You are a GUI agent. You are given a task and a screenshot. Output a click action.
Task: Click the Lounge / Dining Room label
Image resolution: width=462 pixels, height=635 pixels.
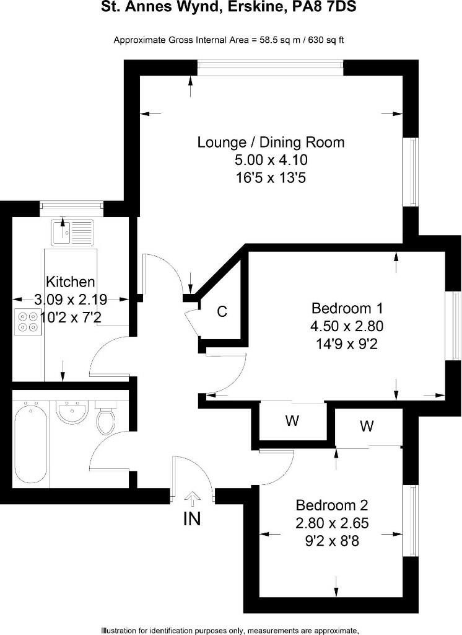coord(271,143)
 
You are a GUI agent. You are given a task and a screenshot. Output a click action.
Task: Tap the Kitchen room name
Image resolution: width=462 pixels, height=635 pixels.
coord(71,282)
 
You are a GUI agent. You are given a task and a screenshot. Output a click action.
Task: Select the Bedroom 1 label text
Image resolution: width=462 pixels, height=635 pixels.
coord(347,309)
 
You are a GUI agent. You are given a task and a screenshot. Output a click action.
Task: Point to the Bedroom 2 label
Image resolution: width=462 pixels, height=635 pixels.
coord(332,505)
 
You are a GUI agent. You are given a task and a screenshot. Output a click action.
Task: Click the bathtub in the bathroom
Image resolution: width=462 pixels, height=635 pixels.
coord(30,444)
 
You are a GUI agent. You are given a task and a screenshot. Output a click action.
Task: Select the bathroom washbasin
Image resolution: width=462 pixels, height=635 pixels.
coord(71,412)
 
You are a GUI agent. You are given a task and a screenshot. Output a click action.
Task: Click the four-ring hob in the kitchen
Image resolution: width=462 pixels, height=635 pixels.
coord(27,322)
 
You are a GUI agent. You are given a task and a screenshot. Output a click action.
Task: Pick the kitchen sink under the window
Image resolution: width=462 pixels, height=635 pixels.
coord(72,233)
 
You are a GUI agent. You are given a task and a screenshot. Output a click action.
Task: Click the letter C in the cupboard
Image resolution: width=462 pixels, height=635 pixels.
coord(222,311)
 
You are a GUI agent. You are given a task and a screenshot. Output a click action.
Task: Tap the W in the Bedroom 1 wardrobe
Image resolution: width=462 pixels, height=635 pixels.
coord(292,421)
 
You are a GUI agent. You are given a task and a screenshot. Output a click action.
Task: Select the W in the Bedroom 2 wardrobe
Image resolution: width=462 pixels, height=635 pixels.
coord(367,426)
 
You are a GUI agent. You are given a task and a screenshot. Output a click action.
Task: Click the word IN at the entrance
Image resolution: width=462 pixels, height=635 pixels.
coord(192,519)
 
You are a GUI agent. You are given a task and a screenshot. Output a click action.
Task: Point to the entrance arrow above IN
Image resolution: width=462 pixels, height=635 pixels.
coord(193,499)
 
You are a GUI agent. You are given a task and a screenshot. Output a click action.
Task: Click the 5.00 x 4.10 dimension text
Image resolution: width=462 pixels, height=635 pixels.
coord(271,160)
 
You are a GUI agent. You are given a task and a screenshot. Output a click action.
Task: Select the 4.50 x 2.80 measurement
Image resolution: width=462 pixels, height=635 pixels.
coord(347,326)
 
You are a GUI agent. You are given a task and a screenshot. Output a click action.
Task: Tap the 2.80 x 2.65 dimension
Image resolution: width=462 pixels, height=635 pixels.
coord(332,523)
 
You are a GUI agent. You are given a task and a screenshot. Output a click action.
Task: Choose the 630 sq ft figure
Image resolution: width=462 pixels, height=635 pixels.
coord(326,40)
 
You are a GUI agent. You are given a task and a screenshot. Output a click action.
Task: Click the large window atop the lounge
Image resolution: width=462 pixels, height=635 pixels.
coord(271,68)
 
